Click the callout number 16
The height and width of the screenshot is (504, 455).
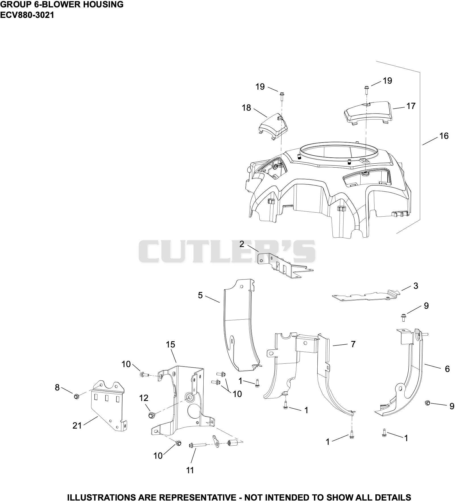(444, 136)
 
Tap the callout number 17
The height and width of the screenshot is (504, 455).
(411, 106)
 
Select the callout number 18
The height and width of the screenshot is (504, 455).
(247, 108)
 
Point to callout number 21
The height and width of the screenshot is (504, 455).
(77, 426)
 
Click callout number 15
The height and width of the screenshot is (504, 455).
(171, 345)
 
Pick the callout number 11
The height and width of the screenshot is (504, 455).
(190, 470)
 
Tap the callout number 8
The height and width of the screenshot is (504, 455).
(57, 387)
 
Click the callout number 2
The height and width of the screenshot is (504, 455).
(242, 244)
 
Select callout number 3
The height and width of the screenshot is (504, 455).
(416, 286)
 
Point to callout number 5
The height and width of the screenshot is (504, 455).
(200, 295)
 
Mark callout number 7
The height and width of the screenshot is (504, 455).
(353, 344)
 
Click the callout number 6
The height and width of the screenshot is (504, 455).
(447, 369)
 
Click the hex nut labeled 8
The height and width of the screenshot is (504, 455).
(76, 396)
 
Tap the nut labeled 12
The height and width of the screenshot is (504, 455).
(151, 415)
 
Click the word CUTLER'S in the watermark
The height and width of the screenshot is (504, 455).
(227, 251)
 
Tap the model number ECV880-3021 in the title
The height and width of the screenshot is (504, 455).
(27, 15)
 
